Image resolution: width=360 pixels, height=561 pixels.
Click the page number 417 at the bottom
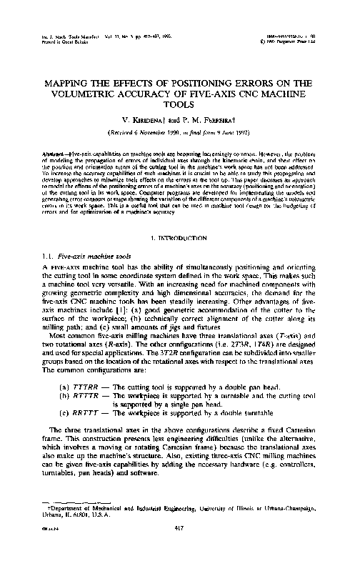pos(180,529)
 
